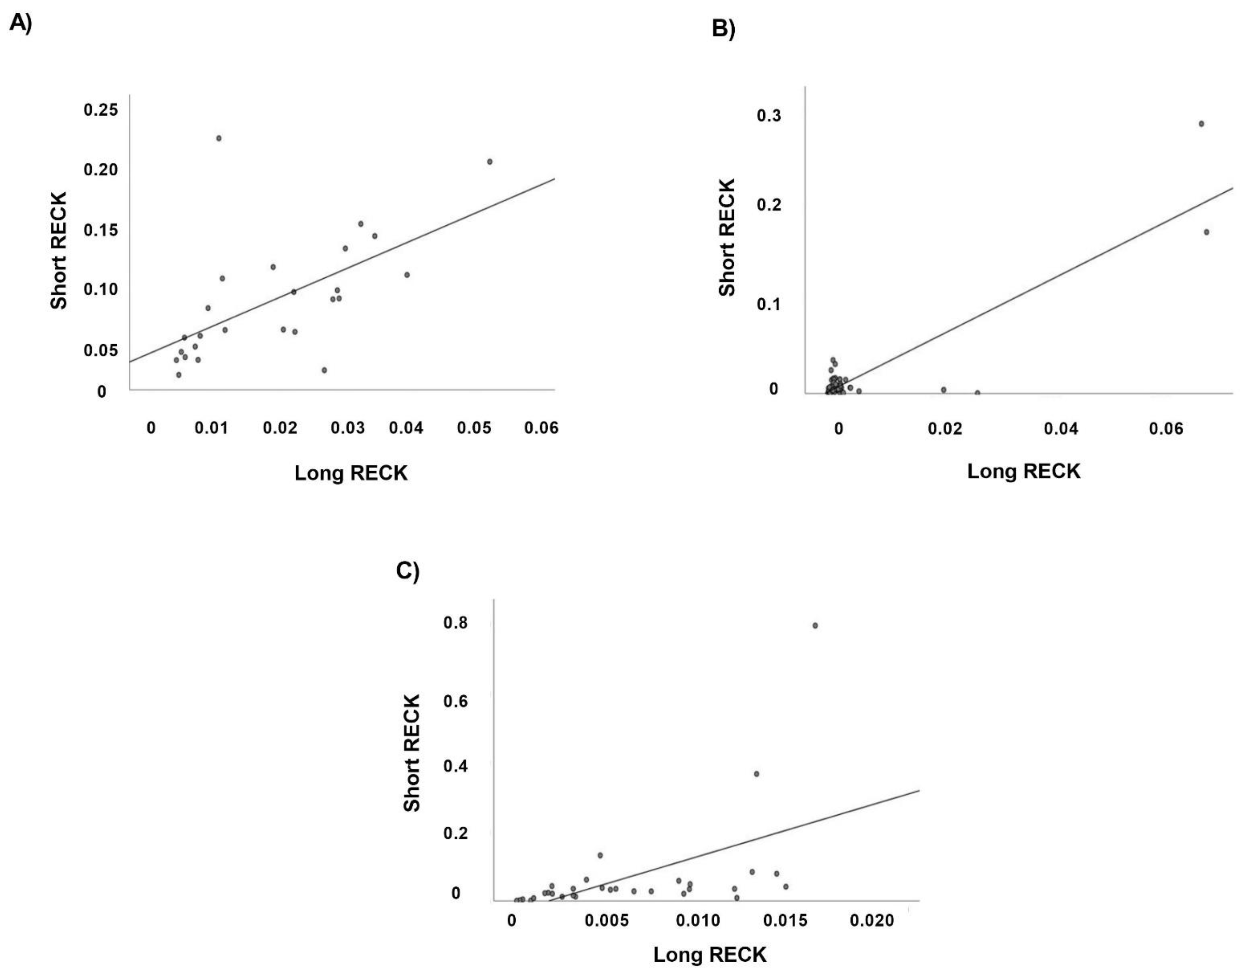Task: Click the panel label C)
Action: (x=408, y=571)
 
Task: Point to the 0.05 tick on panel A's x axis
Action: (x=474, y=428)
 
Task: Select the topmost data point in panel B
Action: (x=1201, y=124)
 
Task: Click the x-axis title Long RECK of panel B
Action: (x=1024, y=471)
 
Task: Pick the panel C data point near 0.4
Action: (x=756, y=773)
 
